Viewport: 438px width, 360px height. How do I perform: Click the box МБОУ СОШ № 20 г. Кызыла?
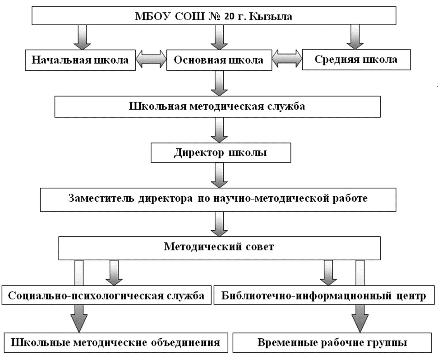(213, 17)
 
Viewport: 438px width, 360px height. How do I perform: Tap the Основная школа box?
(219, 60)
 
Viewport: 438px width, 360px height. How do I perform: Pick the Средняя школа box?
(356, 60)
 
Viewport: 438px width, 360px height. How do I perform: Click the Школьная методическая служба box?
(217, 107)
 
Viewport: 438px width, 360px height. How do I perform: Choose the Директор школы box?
(220, 152)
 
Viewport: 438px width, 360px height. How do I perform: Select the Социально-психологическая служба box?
(106, 296)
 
